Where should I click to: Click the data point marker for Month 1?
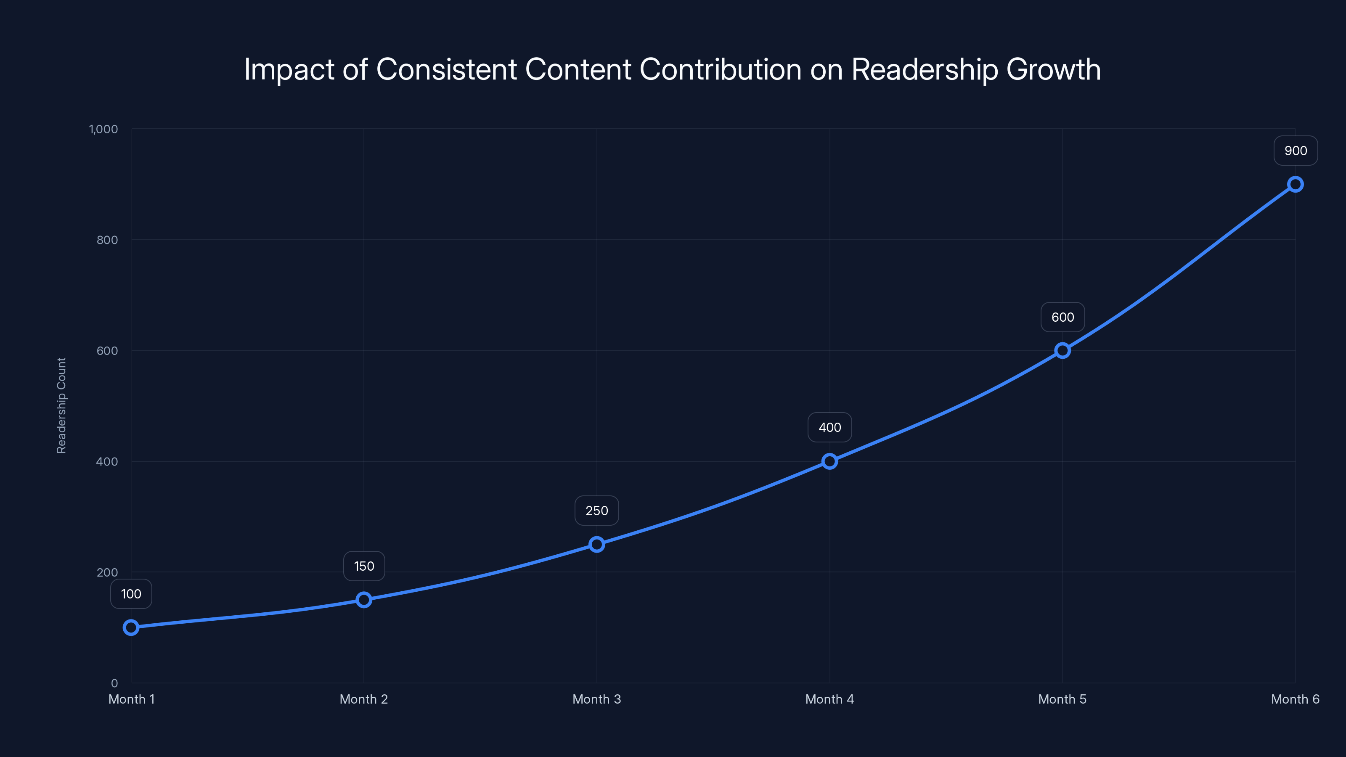pos(131,627)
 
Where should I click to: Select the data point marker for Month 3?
pos(597,544)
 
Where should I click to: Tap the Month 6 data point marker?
pos(1296,185)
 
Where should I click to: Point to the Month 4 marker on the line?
pos(830,461)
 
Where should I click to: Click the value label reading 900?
pos(1296,151)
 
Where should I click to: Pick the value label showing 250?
pos(597,511)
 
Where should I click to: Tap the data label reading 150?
pos(364,566)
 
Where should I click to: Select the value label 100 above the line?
pos(131,594)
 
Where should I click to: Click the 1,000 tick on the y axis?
pos(103,129)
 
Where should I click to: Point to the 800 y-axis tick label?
pos(107,240)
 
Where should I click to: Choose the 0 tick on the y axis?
pos(114,683)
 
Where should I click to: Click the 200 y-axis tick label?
pos(107,572)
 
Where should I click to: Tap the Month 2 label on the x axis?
pos(364,699)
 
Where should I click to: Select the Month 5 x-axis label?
pos(1062,699)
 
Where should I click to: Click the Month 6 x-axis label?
pos(1296,699)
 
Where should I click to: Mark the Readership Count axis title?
pos(62,405)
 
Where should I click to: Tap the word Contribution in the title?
pos(721,69)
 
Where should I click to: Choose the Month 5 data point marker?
pos(1062,351)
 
